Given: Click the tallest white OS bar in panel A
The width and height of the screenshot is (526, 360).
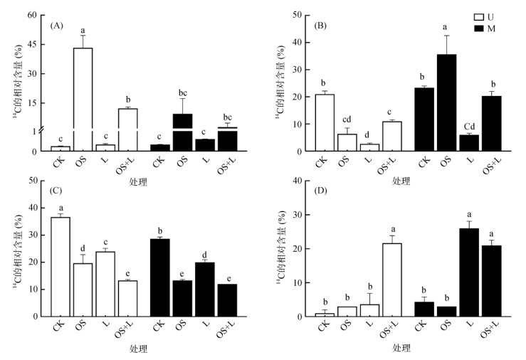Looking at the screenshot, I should pos(83,99).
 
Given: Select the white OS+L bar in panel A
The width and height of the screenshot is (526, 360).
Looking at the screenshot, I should pos(129,129).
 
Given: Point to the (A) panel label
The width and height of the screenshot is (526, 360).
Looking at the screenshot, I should pos(58,26).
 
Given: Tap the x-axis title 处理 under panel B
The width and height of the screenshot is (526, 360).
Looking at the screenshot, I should pos(401,181).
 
